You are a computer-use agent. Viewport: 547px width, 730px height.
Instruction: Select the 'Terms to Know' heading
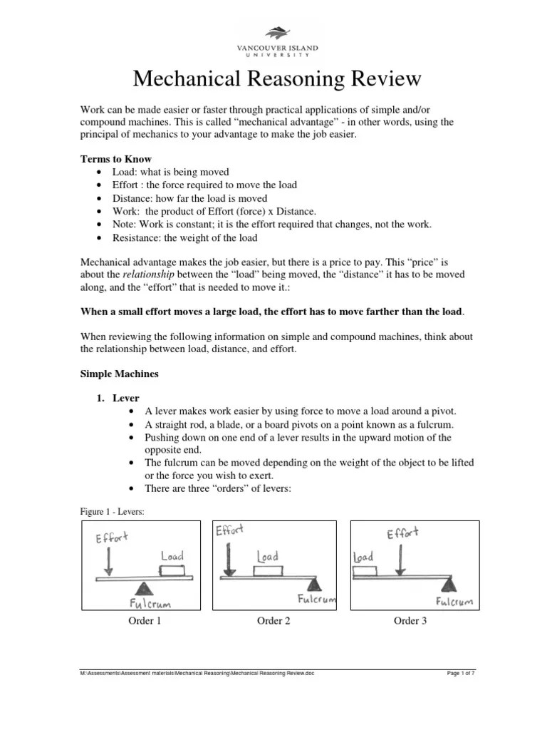click(115, 159)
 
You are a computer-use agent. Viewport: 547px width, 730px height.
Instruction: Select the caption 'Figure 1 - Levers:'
click(113, 510)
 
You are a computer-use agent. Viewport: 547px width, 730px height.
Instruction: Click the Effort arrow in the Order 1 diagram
click(108, 562)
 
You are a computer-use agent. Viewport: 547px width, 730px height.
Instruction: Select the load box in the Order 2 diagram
click(268, 570)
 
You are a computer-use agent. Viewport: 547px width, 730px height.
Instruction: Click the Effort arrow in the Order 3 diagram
click(402, 559)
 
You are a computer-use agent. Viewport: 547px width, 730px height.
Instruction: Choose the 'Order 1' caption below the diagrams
click(145, 621)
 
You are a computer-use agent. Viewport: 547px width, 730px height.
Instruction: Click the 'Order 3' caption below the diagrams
click(410, 621)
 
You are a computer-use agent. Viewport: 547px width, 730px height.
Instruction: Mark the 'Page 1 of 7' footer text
click(460, 672)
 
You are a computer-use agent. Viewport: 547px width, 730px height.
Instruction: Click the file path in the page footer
click(197, 672)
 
